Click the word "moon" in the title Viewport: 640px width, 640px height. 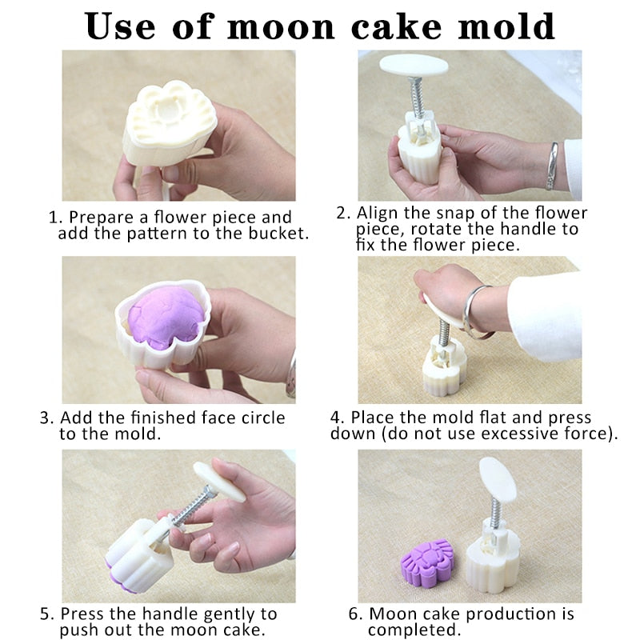pos(282,27)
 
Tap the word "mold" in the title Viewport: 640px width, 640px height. pos(506,26)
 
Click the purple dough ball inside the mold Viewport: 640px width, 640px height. pos(166,317)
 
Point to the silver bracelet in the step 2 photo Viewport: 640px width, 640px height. pos(552,166)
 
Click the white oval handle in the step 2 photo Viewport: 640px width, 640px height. pos(414,66)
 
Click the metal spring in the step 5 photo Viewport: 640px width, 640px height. pos(192,506)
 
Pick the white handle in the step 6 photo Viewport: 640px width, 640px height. pos(497,478)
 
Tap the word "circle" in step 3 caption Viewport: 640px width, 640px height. pos(263,418)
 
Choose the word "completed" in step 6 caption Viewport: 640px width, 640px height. pos(411,630)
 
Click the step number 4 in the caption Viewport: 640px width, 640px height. pos(334,418)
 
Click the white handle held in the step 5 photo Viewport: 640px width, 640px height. pos(219,482)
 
